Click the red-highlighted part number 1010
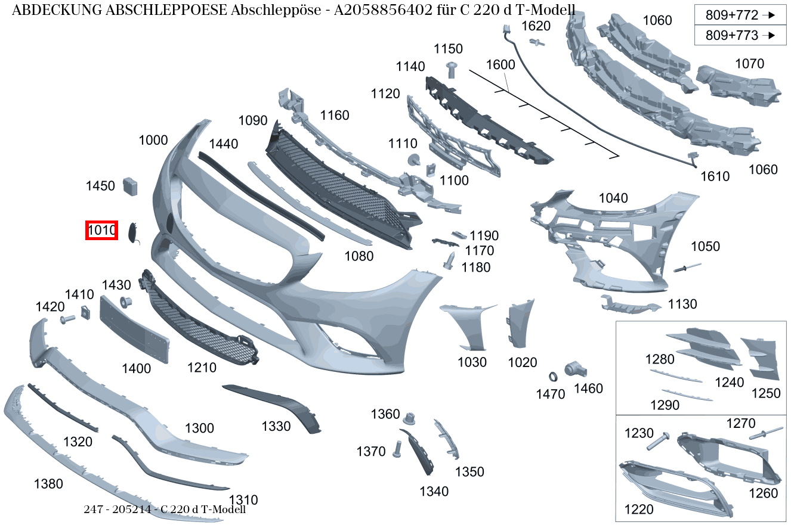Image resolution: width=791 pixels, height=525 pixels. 101,231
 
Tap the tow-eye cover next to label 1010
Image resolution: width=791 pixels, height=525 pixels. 134,233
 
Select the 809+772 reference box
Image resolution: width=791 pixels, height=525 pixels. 740,15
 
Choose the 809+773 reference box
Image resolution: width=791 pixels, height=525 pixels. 740,35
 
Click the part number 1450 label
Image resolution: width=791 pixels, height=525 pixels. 100,186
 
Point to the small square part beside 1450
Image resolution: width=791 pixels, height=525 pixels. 130,187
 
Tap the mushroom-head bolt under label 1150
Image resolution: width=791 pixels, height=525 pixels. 452,70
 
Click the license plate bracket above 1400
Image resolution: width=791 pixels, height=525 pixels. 134,330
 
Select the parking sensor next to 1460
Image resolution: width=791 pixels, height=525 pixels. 575,369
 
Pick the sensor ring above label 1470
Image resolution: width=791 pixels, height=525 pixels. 553,377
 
